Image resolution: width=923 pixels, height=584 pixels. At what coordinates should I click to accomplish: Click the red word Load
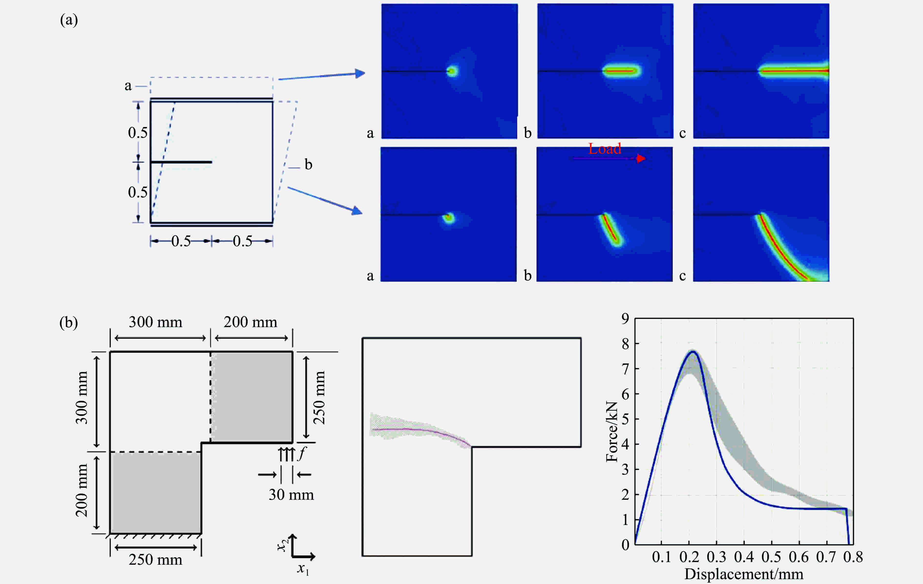coord(605,149)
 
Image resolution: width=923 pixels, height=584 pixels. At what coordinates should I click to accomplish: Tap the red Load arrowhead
coord(641,158)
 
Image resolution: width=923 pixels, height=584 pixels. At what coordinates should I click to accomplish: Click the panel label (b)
coord(69,322)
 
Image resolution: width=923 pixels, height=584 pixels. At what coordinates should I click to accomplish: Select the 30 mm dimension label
coord(291,495)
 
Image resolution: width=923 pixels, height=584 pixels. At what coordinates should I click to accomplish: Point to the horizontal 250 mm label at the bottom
coord(155,560)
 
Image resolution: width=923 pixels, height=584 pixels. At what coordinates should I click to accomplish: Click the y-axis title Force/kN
coord(612,431)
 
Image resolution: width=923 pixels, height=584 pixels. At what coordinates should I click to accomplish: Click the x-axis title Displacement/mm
coord(744,574)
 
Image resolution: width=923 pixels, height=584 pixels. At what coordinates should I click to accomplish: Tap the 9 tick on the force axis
coord(625,318)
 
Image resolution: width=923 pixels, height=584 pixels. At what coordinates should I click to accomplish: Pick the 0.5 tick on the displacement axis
coord(771,557)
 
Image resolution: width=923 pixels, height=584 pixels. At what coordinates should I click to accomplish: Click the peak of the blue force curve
coord(693,352)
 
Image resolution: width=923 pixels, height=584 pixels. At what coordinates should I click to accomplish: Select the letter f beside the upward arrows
coord(302,454)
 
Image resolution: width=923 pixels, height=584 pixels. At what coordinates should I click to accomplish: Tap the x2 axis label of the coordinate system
coord(283,544)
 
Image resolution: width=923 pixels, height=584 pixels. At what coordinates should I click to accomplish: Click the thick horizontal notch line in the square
coord(181,162)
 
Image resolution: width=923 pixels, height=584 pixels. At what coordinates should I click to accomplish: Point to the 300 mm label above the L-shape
coord(155,322)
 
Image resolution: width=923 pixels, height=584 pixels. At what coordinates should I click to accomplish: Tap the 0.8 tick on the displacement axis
coord(853,557)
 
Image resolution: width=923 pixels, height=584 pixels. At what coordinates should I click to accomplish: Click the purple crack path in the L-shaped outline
coord(422,430)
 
